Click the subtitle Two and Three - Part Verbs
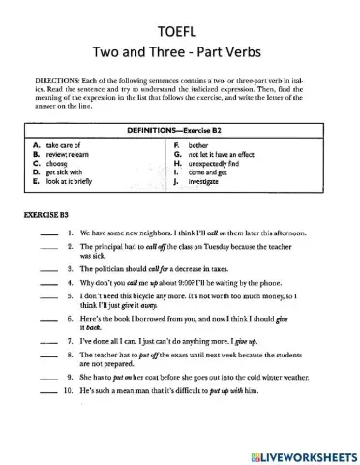180,49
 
